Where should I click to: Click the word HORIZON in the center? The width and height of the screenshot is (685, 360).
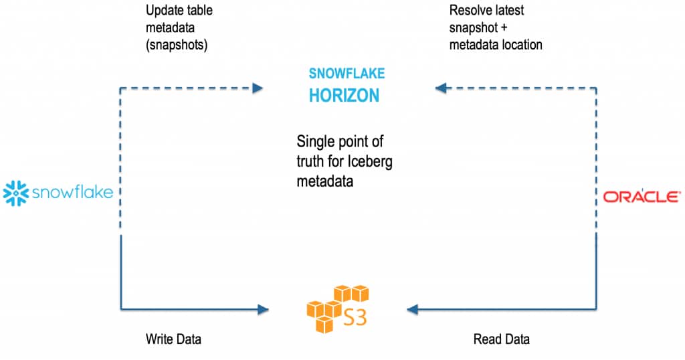click(344, 96)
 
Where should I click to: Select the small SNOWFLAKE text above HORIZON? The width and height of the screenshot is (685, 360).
click(347, 74)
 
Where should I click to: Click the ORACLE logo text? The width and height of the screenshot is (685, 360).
click(639, 197)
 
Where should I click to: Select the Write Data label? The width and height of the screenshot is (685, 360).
click(173, 339)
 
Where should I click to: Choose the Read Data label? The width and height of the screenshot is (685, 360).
click(501, 339)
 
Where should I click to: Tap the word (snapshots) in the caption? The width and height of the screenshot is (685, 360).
click(176, 45)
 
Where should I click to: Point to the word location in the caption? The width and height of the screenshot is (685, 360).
click(519, 45)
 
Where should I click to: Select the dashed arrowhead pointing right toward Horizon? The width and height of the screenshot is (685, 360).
click(257, 88)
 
